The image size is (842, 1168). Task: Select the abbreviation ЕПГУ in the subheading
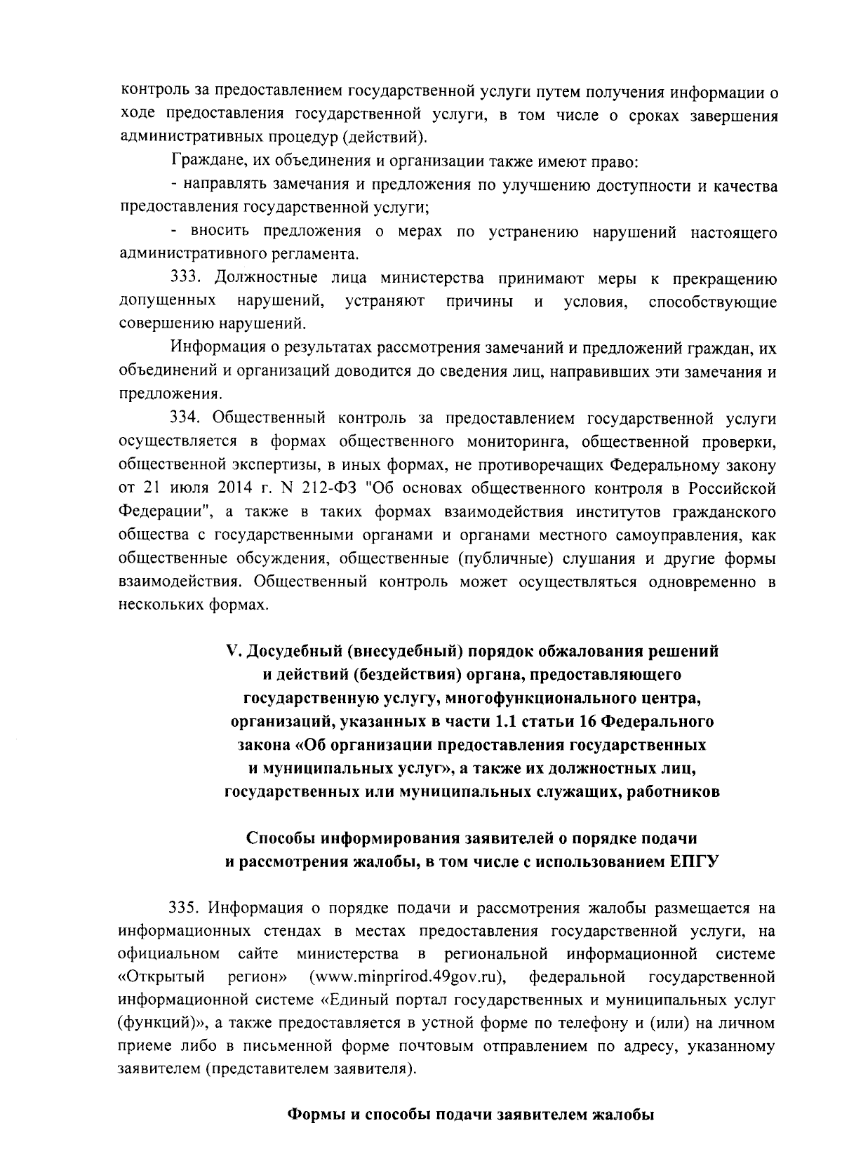[x=690, y=862]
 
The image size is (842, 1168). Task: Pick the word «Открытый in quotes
[x=161, y=976]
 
